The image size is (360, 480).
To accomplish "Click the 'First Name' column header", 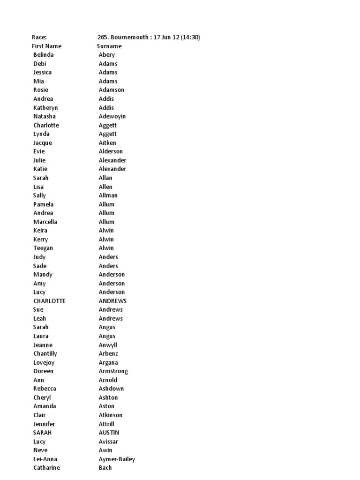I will click(x=46, y=46).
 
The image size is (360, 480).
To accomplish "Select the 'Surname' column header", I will click(x=109, y=46).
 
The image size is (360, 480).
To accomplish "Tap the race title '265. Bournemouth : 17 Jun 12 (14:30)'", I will click(x=148, y=37).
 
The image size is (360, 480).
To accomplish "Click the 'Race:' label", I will click(x=39, y=37).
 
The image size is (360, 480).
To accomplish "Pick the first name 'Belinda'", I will click(x=44, y=55).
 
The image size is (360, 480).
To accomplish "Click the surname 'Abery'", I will click(x=106, y=55).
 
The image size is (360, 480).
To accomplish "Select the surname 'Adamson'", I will click(x=111, y=90).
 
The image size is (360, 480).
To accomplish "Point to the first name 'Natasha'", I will click(x=44, y=116).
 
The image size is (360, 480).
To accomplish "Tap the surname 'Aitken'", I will click(x=107, y=142).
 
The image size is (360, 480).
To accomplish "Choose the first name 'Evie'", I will click(x=39, y=151).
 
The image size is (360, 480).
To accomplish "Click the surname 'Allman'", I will click(x=108, y=195).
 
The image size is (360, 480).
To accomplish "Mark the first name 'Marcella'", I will click(x=45, y=222).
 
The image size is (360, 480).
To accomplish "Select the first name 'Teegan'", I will click(x=43, y=248).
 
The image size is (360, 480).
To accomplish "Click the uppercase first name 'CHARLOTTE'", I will click(x=49, y=301).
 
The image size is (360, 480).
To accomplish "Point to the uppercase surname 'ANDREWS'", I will click(x=112, y=301).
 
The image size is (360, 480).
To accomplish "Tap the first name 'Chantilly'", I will click(x=45, y=353).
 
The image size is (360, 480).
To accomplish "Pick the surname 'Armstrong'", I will click(x=113, y=371).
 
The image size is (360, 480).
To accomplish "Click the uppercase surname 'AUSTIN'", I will click(x=109, y=433).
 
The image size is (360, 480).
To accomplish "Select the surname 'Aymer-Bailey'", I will click(x=117, y=459).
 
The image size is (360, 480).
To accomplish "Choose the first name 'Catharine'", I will click(x=46, y=468).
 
